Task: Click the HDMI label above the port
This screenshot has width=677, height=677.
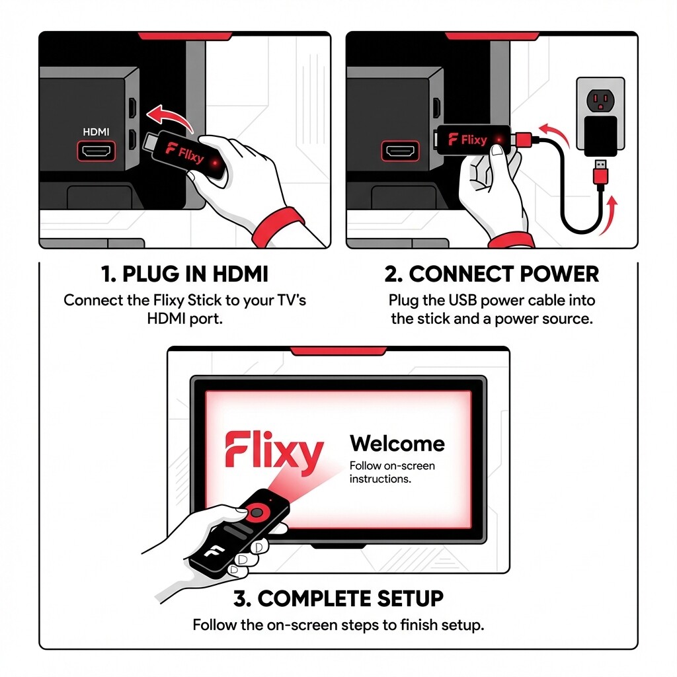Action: (x=96, y=132)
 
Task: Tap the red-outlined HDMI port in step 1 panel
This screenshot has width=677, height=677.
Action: (x=97, y=151)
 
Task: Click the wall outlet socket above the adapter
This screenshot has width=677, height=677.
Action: (x=600, y=100)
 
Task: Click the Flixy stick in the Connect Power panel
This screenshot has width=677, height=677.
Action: (x=472, y=139)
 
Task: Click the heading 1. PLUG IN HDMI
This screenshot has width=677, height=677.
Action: (x=186, y=274)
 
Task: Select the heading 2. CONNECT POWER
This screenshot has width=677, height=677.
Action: (x=491, y=274)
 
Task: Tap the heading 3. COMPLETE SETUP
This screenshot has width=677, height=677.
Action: (x=338, y=598)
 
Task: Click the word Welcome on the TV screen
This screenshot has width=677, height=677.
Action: (x=397, y=443)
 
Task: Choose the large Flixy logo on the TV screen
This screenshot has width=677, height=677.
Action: (x=273, y=452)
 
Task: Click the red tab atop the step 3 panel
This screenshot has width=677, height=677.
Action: (x=338, y=350)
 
